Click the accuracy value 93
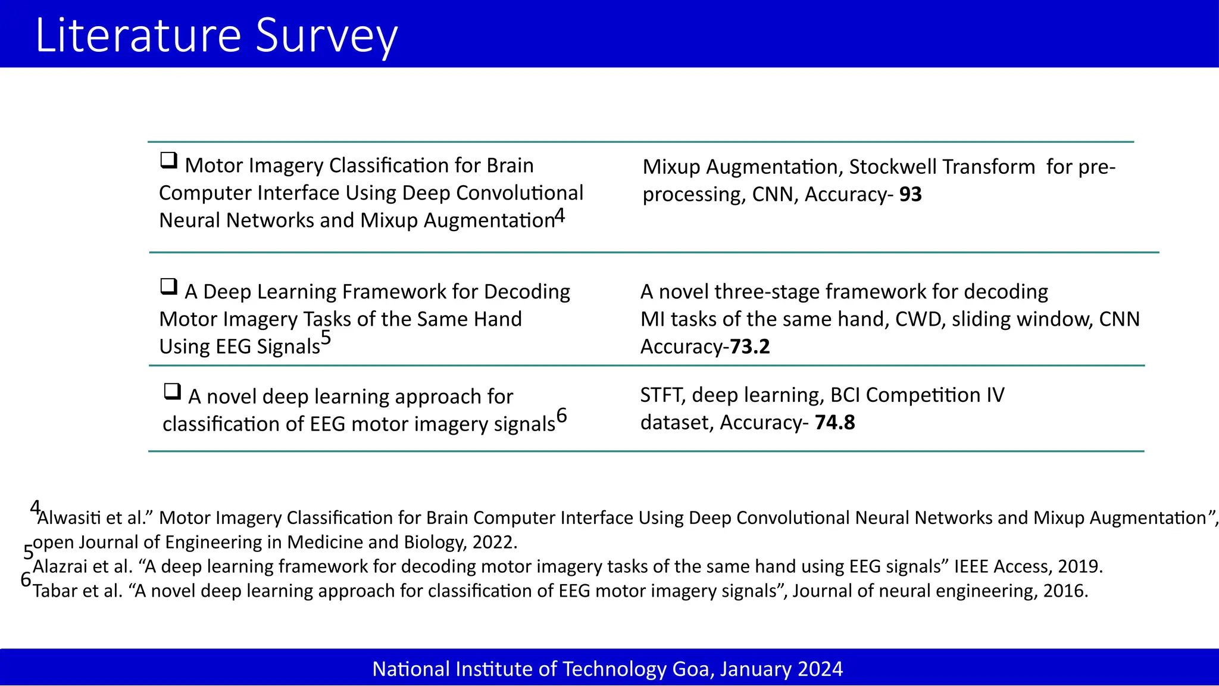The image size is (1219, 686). tap(910, 195)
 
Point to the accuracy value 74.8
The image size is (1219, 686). tap(834, 423)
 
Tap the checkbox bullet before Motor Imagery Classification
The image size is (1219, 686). tap(169, 160)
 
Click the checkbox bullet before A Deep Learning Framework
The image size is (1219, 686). tap(169, 286)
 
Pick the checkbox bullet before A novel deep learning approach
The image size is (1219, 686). tap(173, 391)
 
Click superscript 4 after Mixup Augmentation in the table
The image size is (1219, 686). tap(560, 216)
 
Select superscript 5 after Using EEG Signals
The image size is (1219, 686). tap(326, 338)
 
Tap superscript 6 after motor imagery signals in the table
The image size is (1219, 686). tap(561, 415)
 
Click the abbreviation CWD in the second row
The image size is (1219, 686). tap(918, 320)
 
